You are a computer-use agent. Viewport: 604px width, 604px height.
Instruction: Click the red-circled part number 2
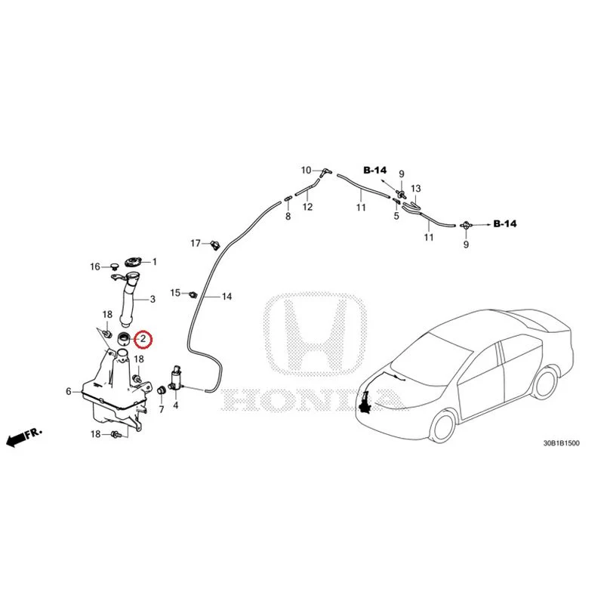(143, 339)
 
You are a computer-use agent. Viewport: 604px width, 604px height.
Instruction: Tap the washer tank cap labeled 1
(134, 262)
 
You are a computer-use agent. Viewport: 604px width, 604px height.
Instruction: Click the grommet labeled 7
(162, 390)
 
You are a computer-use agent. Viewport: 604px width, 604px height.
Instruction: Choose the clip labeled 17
(215, 245)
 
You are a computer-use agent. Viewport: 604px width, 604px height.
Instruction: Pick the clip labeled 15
(193, 294)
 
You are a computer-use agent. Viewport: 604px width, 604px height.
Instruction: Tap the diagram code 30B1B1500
(561, 443)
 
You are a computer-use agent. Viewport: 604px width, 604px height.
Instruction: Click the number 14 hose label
(227, 297)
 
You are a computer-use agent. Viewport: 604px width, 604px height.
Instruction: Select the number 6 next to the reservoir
(69, 392)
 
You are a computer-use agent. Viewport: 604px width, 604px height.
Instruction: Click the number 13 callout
(416, 189)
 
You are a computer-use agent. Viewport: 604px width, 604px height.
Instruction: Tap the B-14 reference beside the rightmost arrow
(505, 223)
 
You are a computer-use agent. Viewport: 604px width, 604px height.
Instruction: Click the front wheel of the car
(443, 426)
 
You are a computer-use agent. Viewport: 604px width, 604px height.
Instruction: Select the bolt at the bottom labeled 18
(116, 434)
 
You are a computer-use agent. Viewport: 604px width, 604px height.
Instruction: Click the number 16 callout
(95, 267)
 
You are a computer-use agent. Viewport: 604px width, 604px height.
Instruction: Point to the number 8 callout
(288, 216)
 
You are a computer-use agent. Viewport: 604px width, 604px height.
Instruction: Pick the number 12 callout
(307, 207)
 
